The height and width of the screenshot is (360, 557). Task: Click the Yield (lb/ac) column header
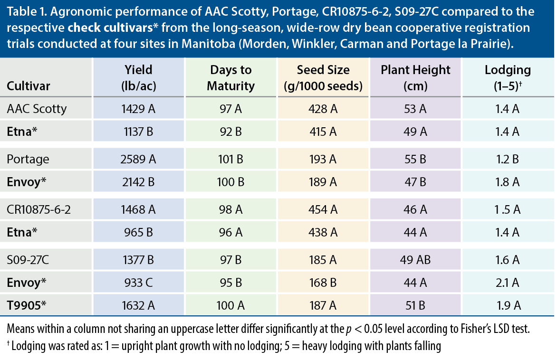point(138,78)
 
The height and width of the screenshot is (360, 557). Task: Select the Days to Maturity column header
point(232,78)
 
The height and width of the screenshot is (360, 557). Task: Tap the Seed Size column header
point(323,78)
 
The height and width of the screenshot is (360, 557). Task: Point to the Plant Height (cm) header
point(415,78)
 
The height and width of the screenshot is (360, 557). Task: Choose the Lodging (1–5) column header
point(508,78)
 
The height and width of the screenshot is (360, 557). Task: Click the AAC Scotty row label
point(37,109)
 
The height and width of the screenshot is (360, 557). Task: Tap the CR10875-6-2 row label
point(39,209)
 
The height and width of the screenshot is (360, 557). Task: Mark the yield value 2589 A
point(138,159)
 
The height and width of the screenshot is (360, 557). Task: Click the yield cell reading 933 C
point(138,282)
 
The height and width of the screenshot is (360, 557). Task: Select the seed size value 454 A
point(323,209)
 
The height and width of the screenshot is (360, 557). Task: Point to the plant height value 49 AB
point(415,260)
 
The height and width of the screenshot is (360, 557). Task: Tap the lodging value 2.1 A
point(508,282)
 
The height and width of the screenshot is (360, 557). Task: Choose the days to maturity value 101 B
point(232,159)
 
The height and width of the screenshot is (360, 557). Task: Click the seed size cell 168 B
point(323,282)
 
